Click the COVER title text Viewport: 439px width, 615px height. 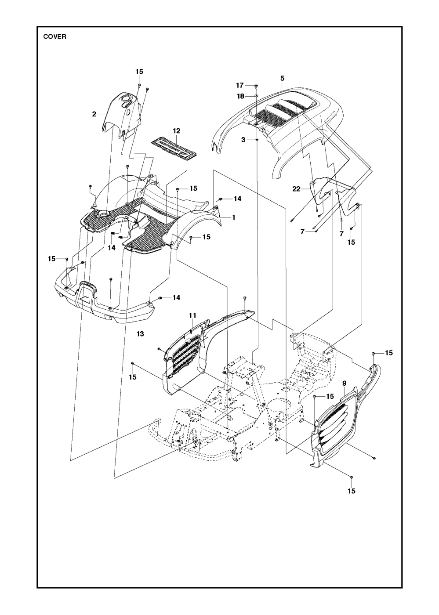(x=54, y=37)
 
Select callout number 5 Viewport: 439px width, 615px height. (x=282, y=78)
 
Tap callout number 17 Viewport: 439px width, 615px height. (x=239, y=85)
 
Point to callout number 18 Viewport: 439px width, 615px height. (x=239, y=96)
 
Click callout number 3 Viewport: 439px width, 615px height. (x=243, y=139)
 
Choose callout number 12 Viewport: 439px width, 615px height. (x=176, y=131)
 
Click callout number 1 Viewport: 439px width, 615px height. (x=234, y=217)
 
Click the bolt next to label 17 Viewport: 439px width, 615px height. (x=256, y=84)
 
